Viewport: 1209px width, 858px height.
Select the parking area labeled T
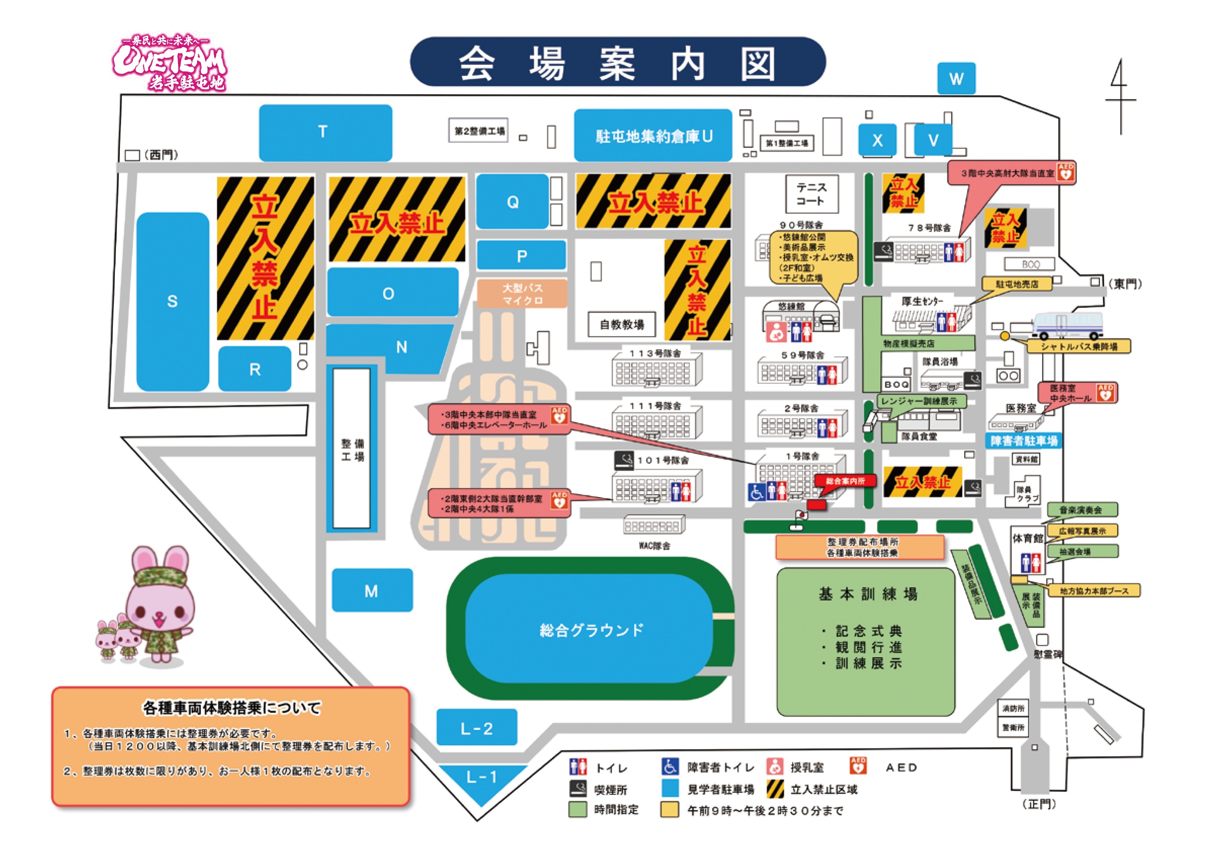click(325, 132)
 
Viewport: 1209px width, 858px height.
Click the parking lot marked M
click(372, 590)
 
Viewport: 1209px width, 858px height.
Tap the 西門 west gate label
click(161, 154)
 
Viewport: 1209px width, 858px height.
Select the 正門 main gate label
click(1039, 804)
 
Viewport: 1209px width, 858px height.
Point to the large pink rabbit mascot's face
click(160, 610)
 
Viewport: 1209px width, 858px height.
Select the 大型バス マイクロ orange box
click(522, 294)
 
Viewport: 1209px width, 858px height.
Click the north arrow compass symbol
click(1120, 98)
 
